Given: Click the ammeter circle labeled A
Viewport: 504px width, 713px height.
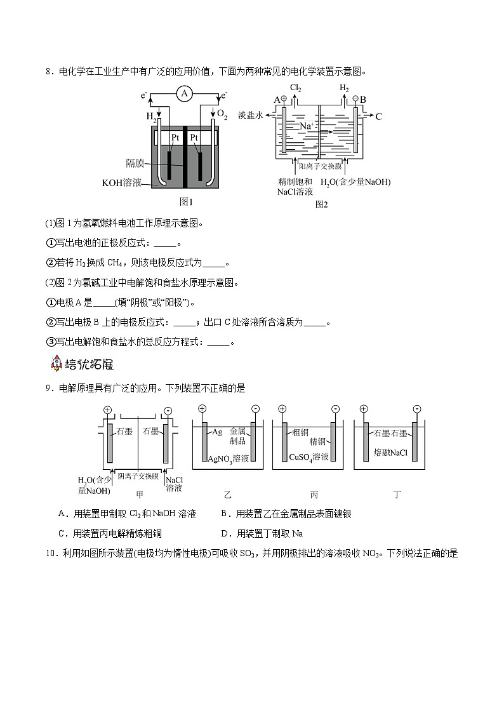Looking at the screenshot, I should pyautogui.click(x=185, y=94).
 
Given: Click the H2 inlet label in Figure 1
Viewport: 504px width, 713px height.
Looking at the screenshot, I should pyautogui.click(x=152, y=116).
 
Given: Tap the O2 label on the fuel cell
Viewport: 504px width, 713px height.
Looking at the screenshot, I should pyautogui.click(x=222, y=114).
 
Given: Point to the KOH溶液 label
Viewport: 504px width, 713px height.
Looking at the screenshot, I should pyautogui.click(x=123, y=183).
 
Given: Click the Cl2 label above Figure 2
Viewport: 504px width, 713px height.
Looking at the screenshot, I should pyautogui.click(x=295, y=88).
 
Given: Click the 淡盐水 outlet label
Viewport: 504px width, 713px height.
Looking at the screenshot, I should pyautogui.click(x=250, y=116).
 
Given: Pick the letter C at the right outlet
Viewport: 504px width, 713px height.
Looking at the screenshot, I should pyautogui.click(x=379, y=117).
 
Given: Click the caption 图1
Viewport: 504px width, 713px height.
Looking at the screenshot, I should pyautogui.click(x=186, y=202).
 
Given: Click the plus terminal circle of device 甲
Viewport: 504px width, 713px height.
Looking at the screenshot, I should pyautogui.click(x=107, y=410).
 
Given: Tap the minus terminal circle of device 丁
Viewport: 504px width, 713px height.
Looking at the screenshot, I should pyautogui.click(x=416, y=409).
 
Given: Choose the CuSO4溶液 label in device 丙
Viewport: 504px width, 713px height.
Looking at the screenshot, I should pyautogui.click(x=308, y=457).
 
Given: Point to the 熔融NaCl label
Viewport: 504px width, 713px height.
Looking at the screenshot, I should pyautogui.click(x=390, y=453).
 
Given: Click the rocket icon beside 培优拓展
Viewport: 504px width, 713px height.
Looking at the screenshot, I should pyautogui.click(x=56, y=364).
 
